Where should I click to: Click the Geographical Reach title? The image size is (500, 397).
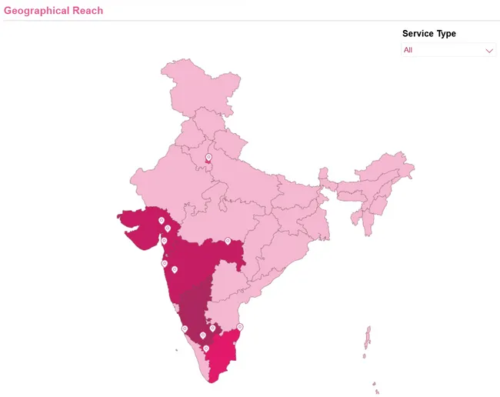[53, 11]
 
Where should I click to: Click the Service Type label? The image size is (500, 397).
[428, 34]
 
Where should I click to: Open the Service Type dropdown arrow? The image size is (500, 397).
[489, 50]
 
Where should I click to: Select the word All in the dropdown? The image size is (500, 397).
[408, 50]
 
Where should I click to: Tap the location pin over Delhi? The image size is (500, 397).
[208, 158]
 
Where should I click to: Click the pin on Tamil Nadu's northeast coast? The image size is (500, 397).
[240, 327]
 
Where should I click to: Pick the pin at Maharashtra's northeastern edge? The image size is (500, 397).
[228, 241]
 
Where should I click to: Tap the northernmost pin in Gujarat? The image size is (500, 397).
[162, 220]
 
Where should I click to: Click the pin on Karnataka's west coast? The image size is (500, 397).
[185, 329]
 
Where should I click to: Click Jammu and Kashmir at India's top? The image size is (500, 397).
[196, 85]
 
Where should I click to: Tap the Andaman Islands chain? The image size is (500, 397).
[368, 339]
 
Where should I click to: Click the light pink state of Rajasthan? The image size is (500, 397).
[165, 181]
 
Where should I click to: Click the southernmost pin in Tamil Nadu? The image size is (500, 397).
[206, 349]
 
